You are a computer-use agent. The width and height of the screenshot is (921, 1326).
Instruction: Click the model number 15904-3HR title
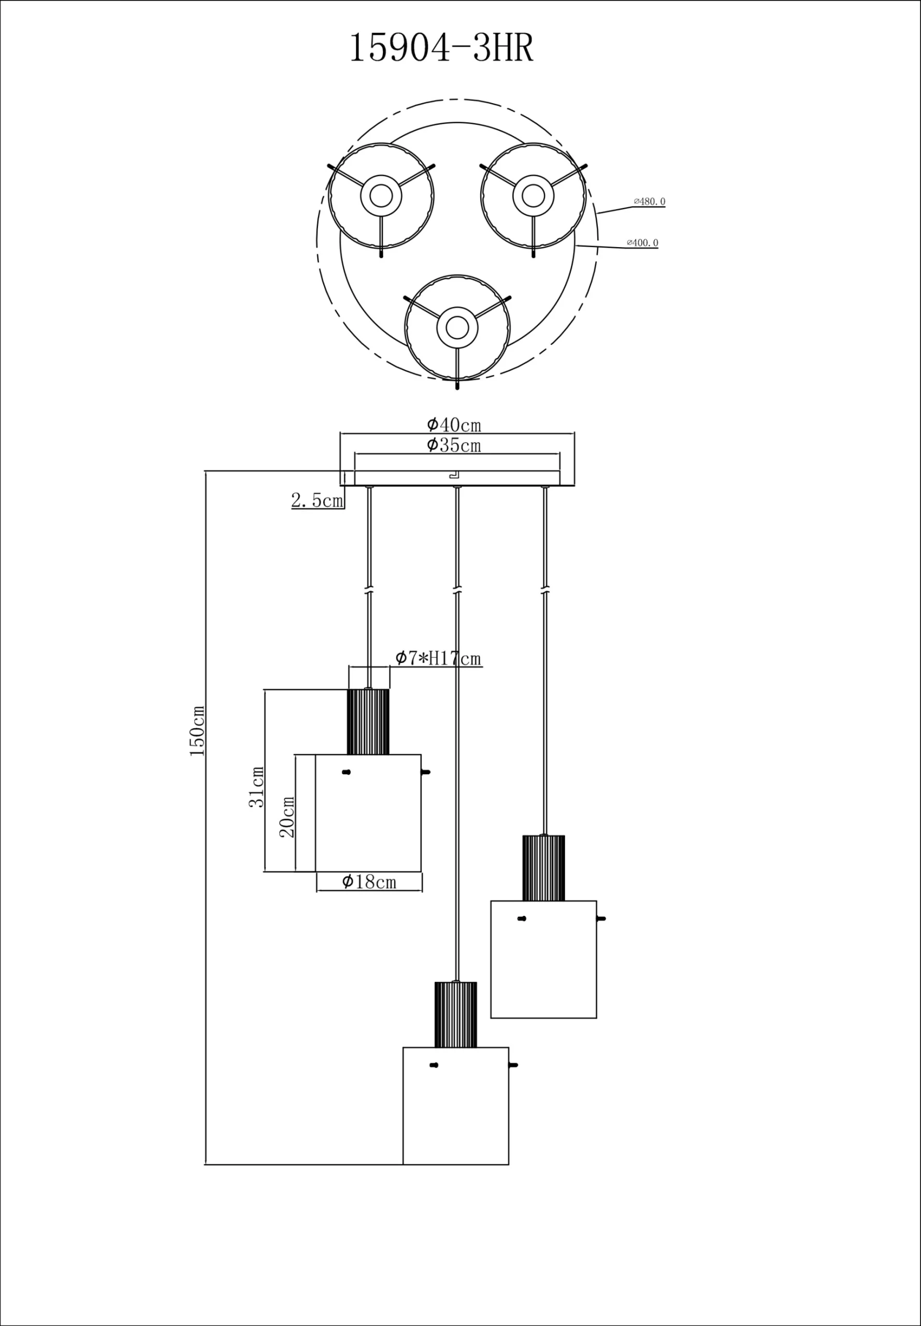441,48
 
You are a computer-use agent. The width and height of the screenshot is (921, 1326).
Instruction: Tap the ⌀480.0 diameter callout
649,201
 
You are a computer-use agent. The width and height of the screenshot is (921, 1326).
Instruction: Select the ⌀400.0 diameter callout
642,243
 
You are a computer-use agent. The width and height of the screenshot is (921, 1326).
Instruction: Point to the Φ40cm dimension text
454,425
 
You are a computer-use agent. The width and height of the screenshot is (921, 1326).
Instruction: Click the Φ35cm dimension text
454,445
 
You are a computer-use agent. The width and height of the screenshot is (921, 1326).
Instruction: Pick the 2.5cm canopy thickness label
317,500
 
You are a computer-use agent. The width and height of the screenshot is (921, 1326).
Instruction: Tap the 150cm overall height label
197,730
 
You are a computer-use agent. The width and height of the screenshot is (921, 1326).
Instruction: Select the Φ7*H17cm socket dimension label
438,658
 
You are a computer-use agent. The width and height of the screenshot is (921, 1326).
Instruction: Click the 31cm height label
256,786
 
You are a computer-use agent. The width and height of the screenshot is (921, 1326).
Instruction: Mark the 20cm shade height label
287,816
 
